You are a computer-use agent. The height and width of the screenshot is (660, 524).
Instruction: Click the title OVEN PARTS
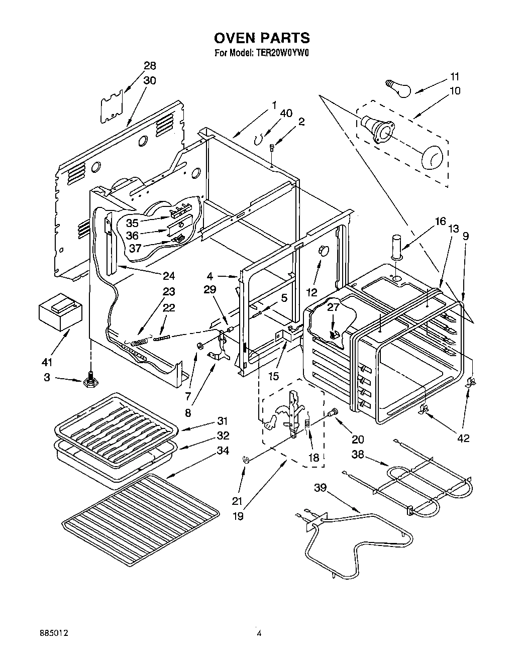pos(262,38)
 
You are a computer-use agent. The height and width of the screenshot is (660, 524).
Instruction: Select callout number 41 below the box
pos(47,362)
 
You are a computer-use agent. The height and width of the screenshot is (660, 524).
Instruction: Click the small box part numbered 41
pos(60,312)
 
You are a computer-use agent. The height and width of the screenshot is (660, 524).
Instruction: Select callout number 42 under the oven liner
pos(463,438)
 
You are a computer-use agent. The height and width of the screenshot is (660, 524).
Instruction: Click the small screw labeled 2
pos(272,148)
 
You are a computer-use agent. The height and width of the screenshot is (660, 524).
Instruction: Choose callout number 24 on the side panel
pos(168,276)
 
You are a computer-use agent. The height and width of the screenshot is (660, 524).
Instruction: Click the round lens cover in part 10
pos(433,157)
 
